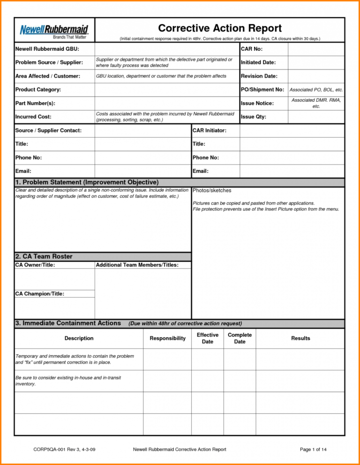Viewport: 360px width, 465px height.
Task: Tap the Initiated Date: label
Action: click(x=258, y=62)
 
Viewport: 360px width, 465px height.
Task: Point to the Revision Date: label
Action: click(x=259, y=76)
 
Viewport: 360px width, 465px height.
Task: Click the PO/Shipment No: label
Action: click(x=262, y=89)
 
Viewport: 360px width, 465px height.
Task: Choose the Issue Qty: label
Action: click(x=253, y=116)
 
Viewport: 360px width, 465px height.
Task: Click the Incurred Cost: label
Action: click(x=33, y=116)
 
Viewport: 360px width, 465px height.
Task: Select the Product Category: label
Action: click(x=38, y=89)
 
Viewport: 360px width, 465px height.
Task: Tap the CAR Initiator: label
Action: click(x=209, y=130)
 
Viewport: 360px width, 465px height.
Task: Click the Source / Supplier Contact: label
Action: click(x=48, y=130)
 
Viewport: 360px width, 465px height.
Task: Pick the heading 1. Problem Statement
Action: click(x=87, y=182)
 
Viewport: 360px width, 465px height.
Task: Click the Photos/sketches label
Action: click(x=212, y=190)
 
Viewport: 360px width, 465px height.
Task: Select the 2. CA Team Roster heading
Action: click(x=44, y=256)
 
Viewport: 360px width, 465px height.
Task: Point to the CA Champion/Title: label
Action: click(x=40, y=293)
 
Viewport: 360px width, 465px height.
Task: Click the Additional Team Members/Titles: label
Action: click(x=137, y=265)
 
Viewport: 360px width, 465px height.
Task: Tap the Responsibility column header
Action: click(x=167, y=338)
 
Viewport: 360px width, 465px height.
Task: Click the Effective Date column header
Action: click(x=207, y=338)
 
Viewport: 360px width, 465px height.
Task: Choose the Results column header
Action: click(x=300, y=338)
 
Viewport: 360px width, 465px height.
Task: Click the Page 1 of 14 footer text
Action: click(x=313, y=450)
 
